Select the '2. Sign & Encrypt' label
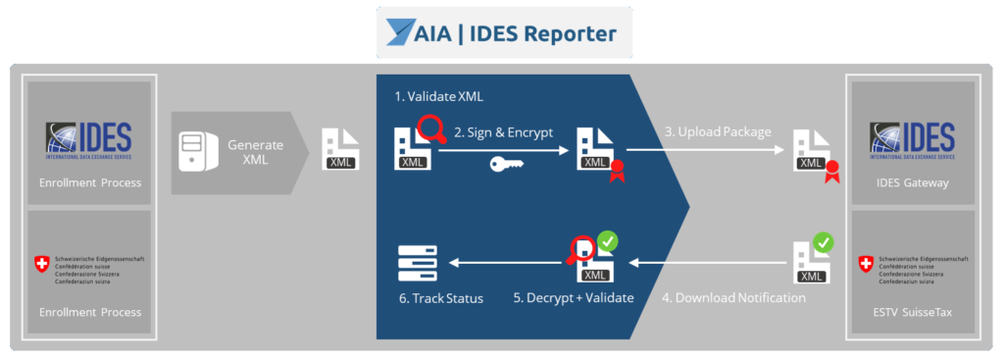pyautogui.click(x=503, y=131)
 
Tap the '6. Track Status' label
pyautogui.click(x=439, y=297)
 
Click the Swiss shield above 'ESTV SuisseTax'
pyautogui.click(x=865, y=264)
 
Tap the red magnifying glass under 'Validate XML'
pyautogui.click(x=428, y=129)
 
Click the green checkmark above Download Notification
pyautogui.click(x=823, y=241)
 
